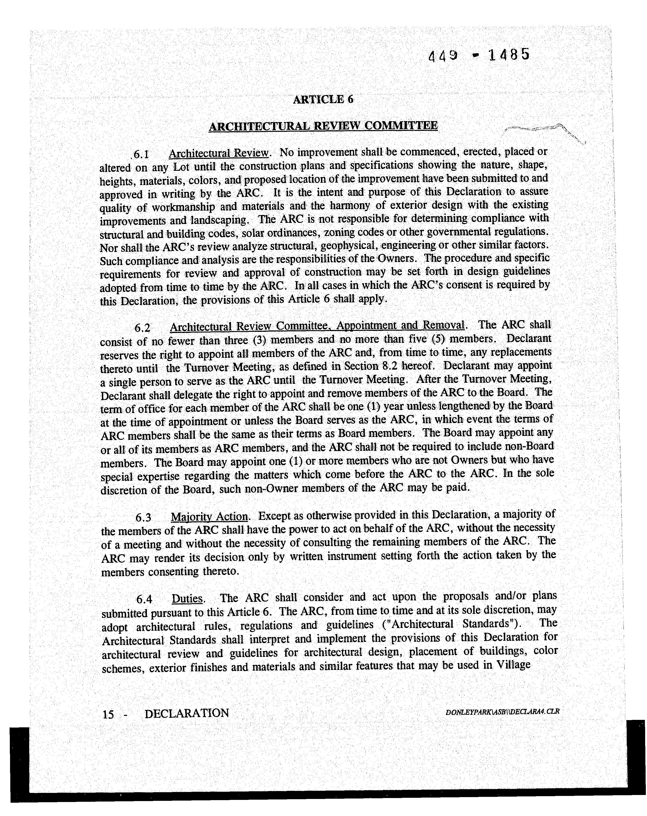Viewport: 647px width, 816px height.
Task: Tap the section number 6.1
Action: pos(142,154)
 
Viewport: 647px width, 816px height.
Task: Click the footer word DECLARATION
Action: pos(187,713)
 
